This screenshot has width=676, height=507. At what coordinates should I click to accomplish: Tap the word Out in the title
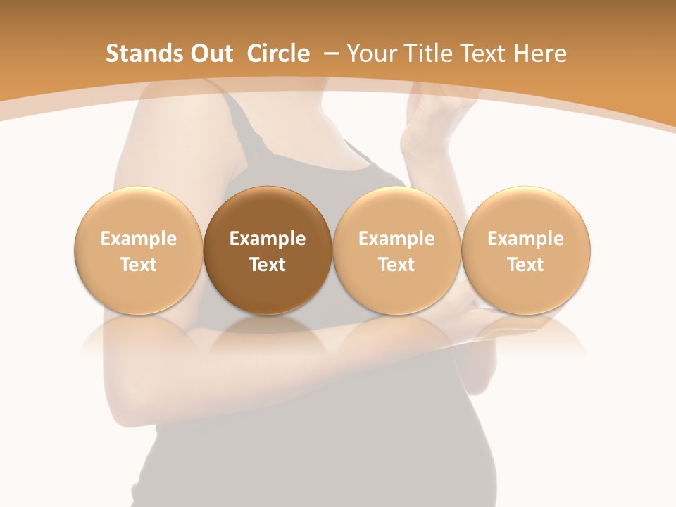(x=211, y=54)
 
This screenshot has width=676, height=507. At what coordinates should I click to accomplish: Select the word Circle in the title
(x=278, y=54)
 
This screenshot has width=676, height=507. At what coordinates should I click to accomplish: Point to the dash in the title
(x=328, y=54)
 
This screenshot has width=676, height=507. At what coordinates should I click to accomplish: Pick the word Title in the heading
(x=427, y=54)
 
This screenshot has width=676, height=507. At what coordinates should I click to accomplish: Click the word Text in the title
(x=484, y=54)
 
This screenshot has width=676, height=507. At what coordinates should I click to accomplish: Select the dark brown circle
(x=268, y=251)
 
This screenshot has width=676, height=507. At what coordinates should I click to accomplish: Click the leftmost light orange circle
(x=138, y=251)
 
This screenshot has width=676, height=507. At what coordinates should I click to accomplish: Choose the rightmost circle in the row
(x=526, y=251)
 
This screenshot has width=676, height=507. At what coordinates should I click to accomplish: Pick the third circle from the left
(x=396, y=251)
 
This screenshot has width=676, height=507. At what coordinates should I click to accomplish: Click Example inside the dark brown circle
(x=268, y=239)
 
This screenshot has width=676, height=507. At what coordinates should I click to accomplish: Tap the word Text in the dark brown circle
(x=268, y=265)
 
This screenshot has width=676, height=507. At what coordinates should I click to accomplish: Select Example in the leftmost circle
(x=138, y=239)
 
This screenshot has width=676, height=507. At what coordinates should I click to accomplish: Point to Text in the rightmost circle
(x=526, y=265)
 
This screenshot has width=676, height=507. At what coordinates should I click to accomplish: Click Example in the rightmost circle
(x=526, y=239)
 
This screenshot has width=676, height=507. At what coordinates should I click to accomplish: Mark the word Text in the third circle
(x=396, y=265)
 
